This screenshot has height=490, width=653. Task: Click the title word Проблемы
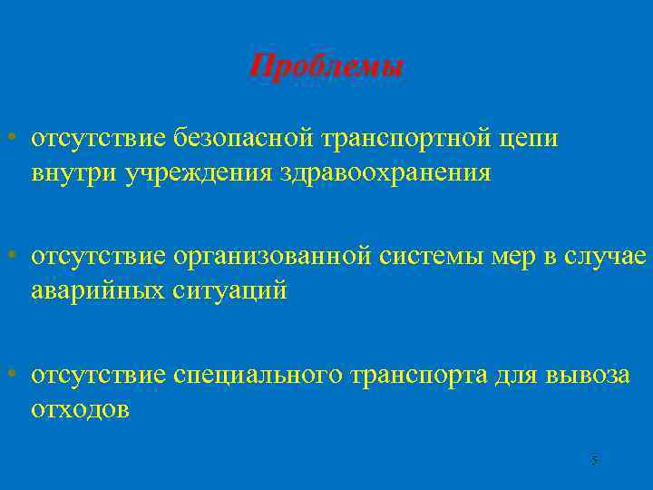click(x=326, y=66)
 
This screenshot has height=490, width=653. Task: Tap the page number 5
click(x=593, y=461)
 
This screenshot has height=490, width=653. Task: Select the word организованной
click(x=269, y=257)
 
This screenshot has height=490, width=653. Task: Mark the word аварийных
click(x=98, y=290)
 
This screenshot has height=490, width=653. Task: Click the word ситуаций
click(x=230, y=291)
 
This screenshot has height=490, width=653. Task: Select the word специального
click(x=259, y=375)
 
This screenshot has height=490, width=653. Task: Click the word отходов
click(x=80, y=408)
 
